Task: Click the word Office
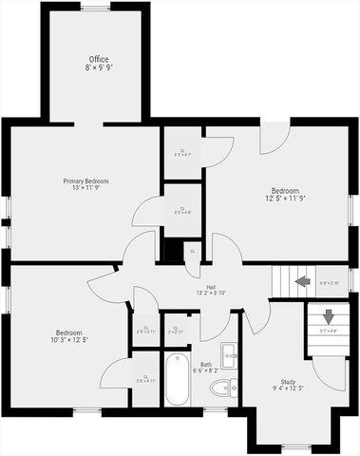point(99,59)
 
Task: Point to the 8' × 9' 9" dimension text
point(99,68)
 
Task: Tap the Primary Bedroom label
point(85,181)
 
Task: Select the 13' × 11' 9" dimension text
point(85,190)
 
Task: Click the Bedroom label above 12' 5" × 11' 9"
point(285,190)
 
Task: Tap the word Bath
point(206,364)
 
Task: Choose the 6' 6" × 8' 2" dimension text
point(206,371)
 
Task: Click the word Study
point(287,382)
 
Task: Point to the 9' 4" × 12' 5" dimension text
point(287,389)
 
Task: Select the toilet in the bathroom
point(223,387)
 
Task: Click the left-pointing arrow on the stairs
point(302,281)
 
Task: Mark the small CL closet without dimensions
point(192,250)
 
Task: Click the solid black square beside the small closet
point(171,250)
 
